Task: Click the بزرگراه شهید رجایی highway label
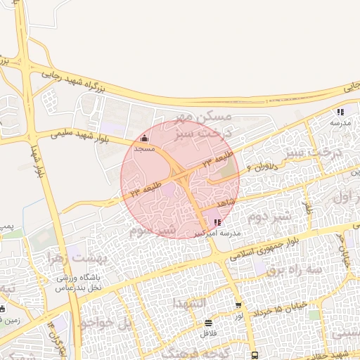click(112, 77)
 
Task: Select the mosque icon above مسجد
click(145, 139)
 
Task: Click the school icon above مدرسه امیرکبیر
click(216, 222)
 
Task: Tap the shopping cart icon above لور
click(238, 306)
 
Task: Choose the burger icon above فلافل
click(208, 323)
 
